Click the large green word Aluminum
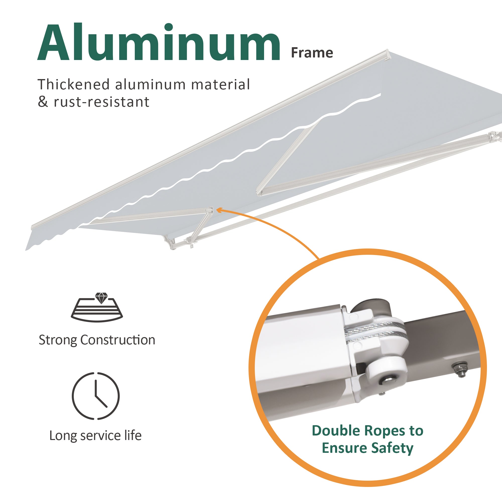158,43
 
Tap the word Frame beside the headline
312,53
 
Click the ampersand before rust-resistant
43,102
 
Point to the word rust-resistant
102,102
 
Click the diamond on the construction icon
101,298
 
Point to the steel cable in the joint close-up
374,331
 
